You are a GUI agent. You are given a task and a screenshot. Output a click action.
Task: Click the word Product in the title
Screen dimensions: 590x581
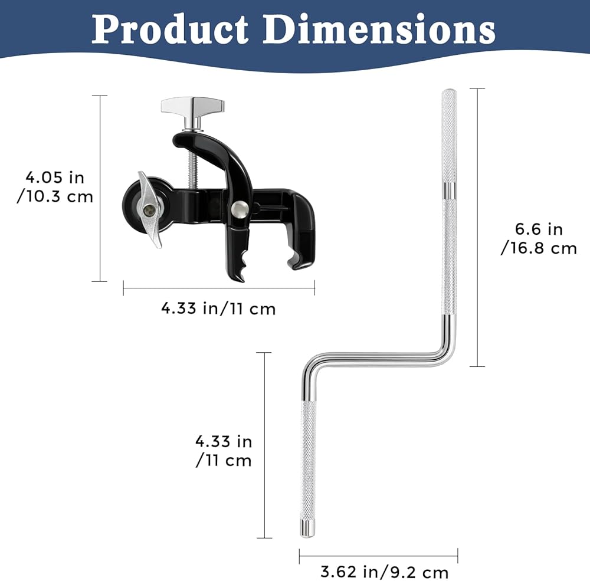click(170, 29)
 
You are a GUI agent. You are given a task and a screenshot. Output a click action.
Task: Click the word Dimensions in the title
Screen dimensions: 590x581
click(379, 29)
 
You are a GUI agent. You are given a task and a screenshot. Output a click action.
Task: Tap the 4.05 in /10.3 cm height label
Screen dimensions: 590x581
click(55, 187)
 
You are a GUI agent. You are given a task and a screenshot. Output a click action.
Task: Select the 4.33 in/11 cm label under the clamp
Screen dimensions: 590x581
click(218, 308)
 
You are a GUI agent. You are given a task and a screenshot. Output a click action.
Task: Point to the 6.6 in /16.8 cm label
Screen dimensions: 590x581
click(539, 238)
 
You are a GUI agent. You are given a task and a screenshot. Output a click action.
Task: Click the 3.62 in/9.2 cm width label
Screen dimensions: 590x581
click(384, 572)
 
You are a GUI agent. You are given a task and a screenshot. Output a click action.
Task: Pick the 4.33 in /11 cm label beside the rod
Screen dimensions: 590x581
click(224, 451)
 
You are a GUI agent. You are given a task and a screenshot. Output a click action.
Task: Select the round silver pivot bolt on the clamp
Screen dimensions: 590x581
click(240, 209)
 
